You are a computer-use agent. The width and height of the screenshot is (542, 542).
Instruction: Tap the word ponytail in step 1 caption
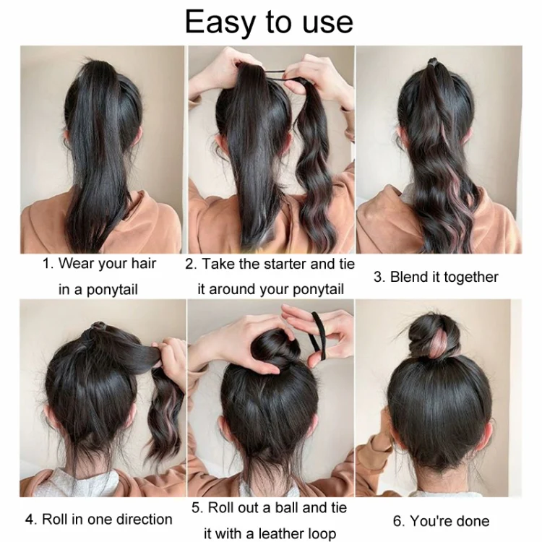pos(112,290)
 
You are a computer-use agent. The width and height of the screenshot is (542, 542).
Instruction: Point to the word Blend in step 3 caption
pos(405,277)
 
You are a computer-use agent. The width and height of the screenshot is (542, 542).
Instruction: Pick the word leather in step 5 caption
pos(280,533)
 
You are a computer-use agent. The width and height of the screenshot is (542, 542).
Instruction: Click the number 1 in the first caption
pos(47,264)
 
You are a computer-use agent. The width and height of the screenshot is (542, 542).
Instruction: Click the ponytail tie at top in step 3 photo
pos(433,62)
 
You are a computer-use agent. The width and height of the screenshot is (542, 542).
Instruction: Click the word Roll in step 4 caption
pos(55,520)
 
